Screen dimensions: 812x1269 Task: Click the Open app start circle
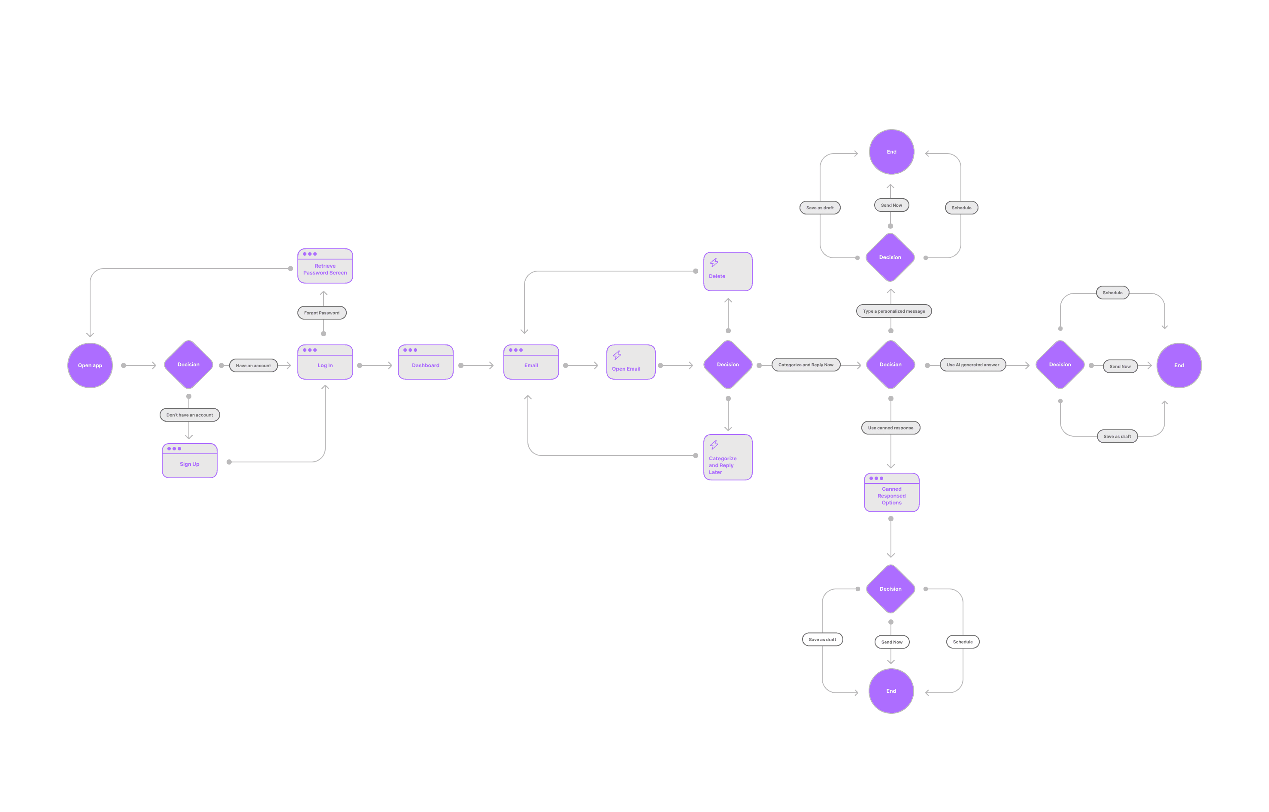[90, 365]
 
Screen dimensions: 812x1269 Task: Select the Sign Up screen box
[189, 461]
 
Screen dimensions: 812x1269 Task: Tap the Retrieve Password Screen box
[325, 266]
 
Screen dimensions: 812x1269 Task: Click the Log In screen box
[325, 362]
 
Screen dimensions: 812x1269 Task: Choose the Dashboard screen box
[425, 362]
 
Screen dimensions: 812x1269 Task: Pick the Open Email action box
[631, 362]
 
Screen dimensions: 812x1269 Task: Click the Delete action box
[728, 272]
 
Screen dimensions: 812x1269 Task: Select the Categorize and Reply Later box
[728, 457]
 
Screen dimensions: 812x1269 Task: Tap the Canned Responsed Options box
[891, 492]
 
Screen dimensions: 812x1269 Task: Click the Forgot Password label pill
[322, 313]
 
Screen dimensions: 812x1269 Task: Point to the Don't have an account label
[189, 415]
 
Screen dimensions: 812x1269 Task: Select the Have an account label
[253, 365]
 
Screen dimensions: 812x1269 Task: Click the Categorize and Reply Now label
[806, 365]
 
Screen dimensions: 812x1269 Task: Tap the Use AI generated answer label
[972, 365]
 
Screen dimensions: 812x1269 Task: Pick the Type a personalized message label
[893, 311]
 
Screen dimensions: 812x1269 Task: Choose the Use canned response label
[890, 428]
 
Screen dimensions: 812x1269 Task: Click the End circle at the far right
[1179, 365]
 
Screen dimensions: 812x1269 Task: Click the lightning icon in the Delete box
[714, 263]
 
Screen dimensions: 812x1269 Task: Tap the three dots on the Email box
[516, 350]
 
